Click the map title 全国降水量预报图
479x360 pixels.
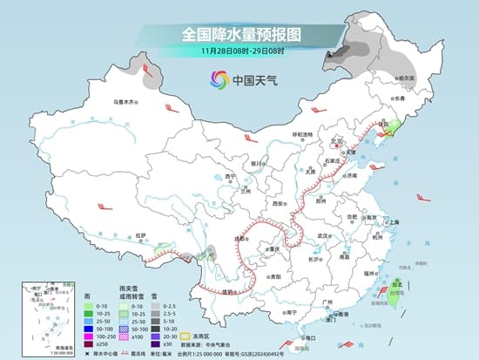click(x=239, y=34)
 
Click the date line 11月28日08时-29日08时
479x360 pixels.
click(x=239, y=51)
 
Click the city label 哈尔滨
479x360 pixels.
click(x=405, y=78)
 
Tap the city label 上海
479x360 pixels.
click(x=392, y=222)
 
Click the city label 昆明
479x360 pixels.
click(x=227, y=291)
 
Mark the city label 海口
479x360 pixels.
click(x=309, y=336)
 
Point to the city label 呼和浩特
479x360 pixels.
click(x=301, y=134)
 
